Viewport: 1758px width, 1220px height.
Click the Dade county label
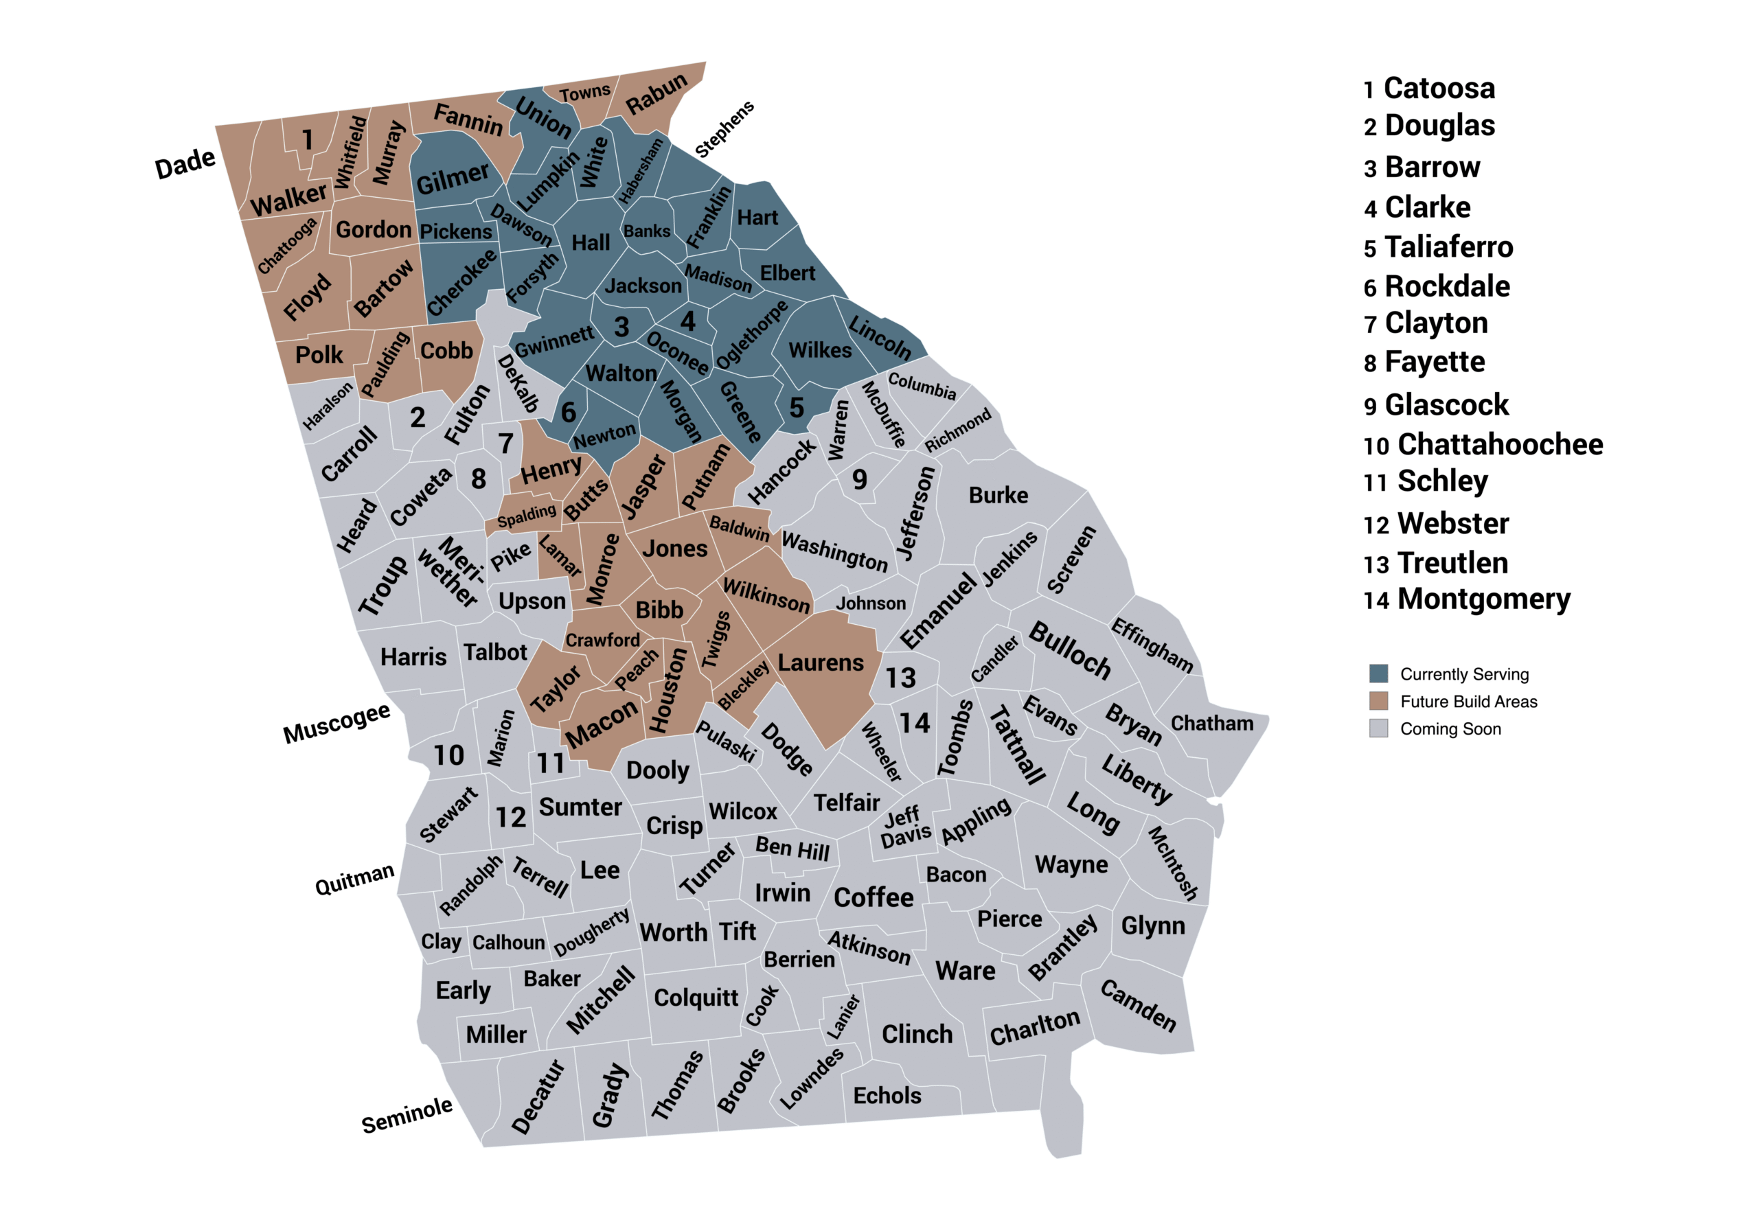point(185,163)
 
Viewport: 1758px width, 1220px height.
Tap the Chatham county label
point(1211,723)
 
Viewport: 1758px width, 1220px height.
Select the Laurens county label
point(820,663)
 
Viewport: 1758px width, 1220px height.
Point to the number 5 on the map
point(796,407)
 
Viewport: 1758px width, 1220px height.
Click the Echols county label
point(887,1096)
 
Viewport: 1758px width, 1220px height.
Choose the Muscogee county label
point(336,722)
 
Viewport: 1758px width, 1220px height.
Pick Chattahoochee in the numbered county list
point(1500,444)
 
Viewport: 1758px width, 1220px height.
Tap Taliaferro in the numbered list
point(1448,247)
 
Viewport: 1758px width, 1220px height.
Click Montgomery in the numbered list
point(1483,599)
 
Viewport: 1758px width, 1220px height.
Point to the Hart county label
point(756,218)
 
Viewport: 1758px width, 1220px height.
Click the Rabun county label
point(656,93)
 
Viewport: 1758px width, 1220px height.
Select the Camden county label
point(1137,1005)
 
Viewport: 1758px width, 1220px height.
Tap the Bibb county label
point(659,610)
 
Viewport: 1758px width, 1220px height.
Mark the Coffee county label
point(873,897)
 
